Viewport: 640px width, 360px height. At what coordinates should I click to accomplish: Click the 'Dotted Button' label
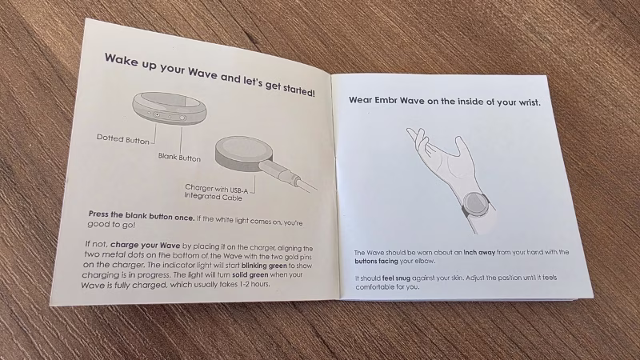[x=123, y=139]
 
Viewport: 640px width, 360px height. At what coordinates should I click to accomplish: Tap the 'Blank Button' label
[x=179, y=157]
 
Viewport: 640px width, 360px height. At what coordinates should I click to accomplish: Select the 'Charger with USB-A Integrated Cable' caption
[x=214, y=192]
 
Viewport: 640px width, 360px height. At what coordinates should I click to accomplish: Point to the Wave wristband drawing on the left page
[x=169, y=108]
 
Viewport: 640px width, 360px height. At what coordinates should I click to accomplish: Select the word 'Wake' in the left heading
[x=119, y=62]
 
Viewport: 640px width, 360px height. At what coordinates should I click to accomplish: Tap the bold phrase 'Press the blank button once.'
[x=142, y=216]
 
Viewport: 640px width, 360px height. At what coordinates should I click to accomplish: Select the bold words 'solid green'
[x=250, y=275]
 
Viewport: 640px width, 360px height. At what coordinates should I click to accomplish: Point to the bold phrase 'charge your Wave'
[x=146, y=246]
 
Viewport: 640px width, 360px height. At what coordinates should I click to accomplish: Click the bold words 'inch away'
[x=479, y=253]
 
